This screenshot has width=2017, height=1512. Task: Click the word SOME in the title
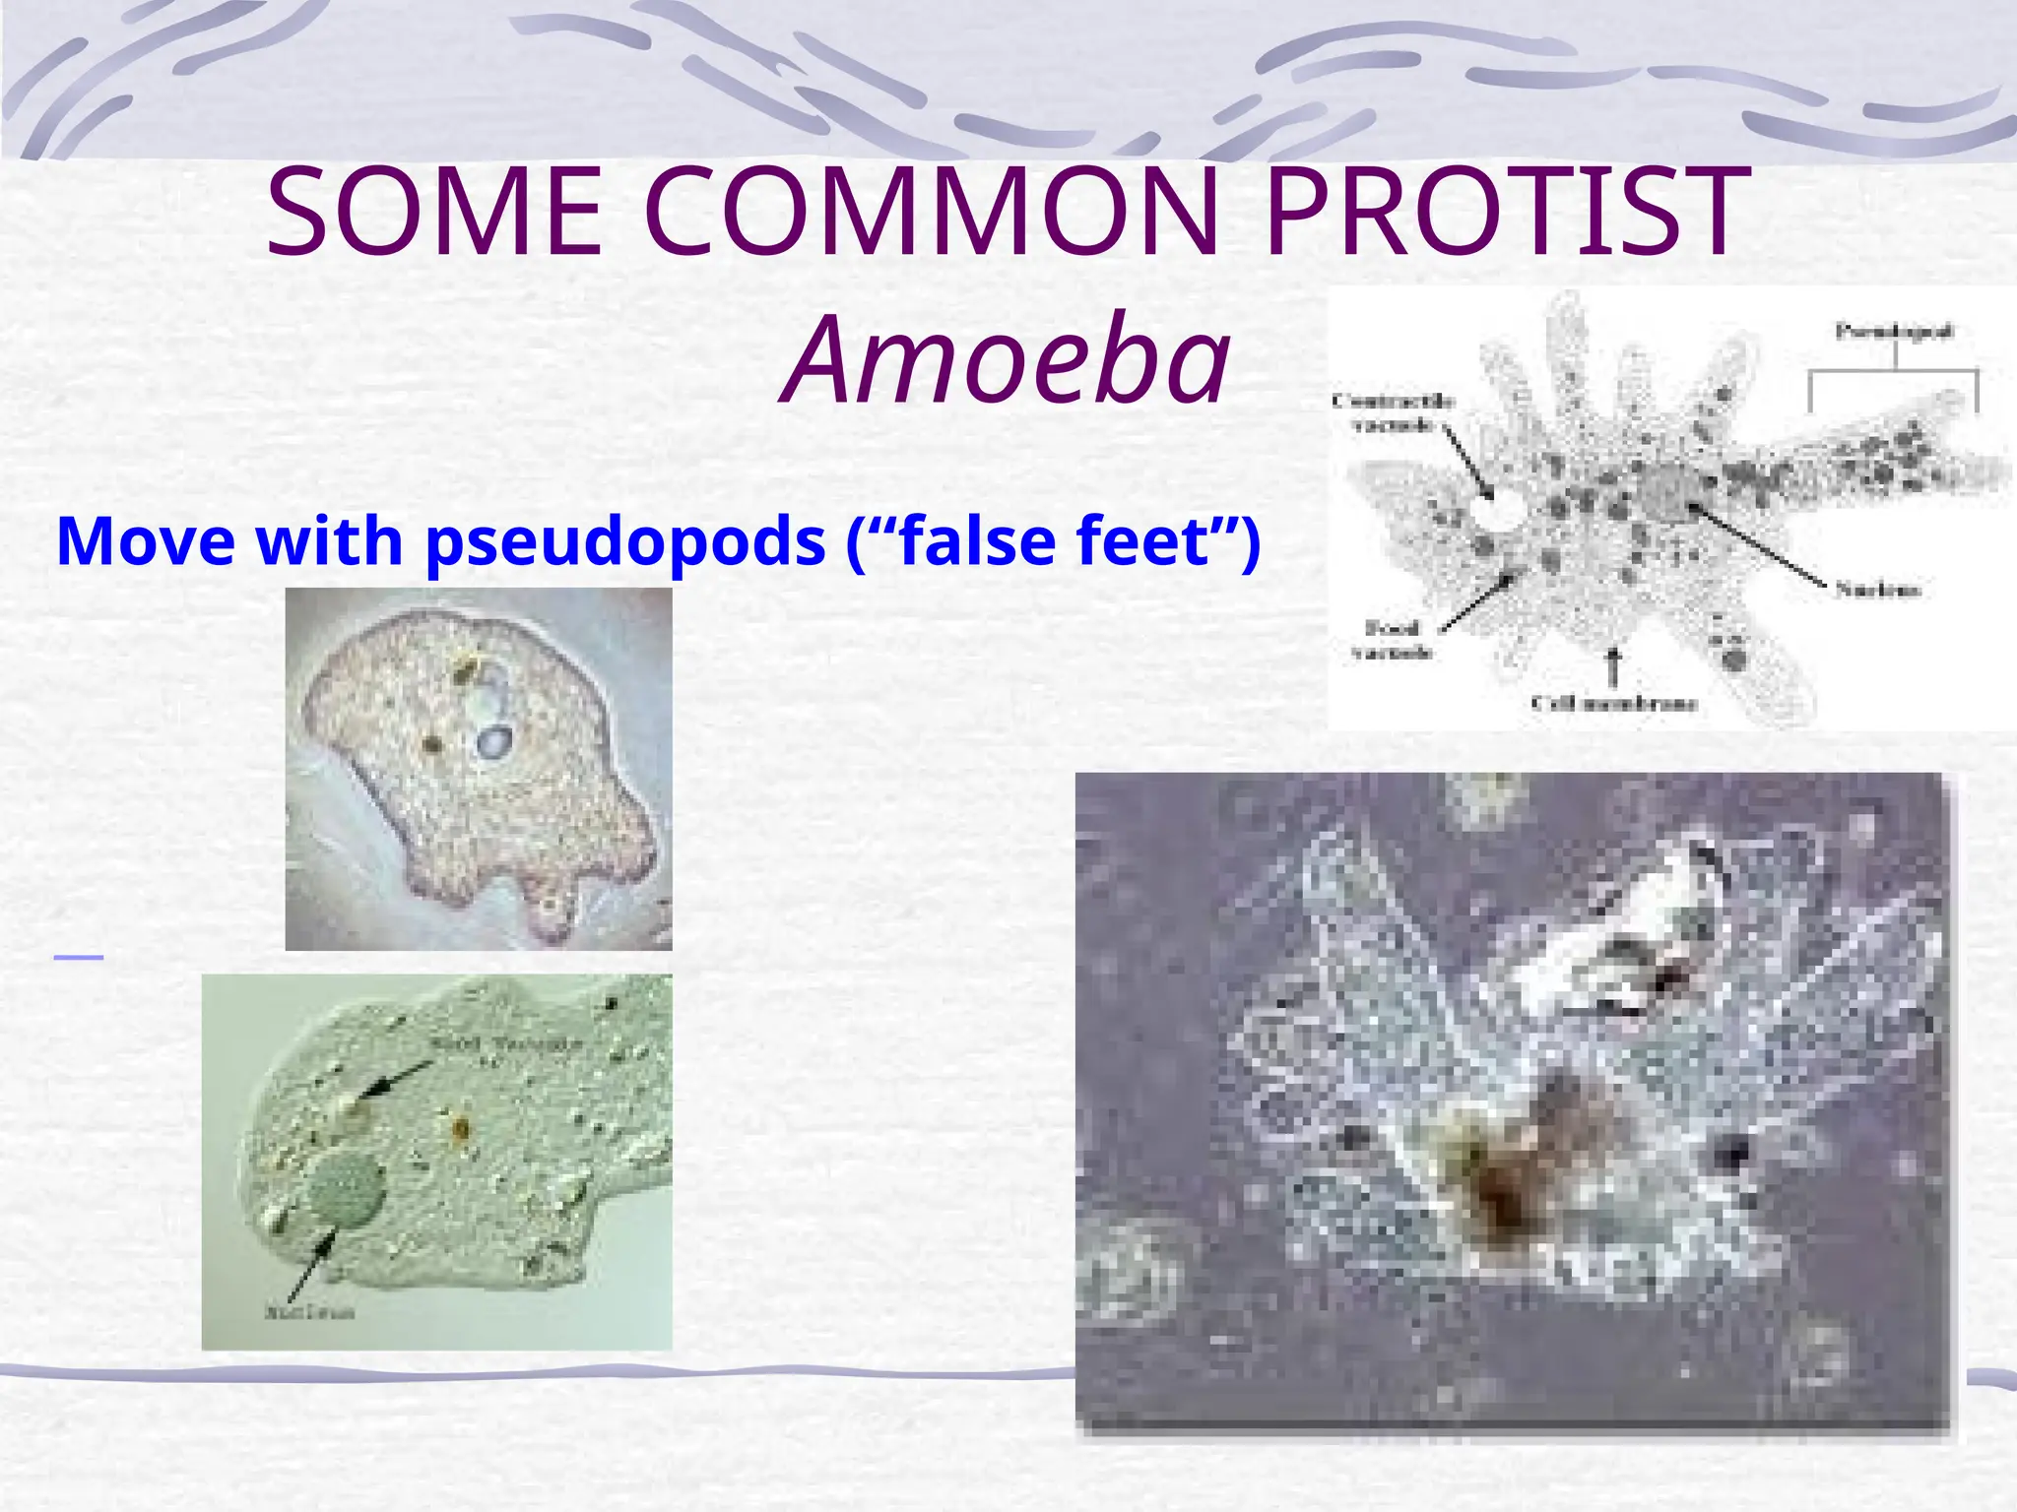(x=433, y=213)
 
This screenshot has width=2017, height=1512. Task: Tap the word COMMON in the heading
(x=932, y=213)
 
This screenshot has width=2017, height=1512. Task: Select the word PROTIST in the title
(x=1501, y=213)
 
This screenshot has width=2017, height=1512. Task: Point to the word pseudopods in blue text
(x=625, y=541)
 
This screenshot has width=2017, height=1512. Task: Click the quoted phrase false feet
(x=1054, y=541)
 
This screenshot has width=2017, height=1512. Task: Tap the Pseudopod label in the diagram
(x=1893, y=332)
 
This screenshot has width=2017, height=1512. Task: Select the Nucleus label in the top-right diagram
(x=1877, y=590)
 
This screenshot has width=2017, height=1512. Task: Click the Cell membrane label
(x=1614, y=703)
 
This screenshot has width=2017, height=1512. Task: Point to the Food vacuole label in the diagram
(x=1391, y=640)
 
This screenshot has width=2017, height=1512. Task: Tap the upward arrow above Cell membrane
(x=1613, y=666)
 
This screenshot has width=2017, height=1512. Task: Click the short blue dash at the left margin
(x=79, y=957)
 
